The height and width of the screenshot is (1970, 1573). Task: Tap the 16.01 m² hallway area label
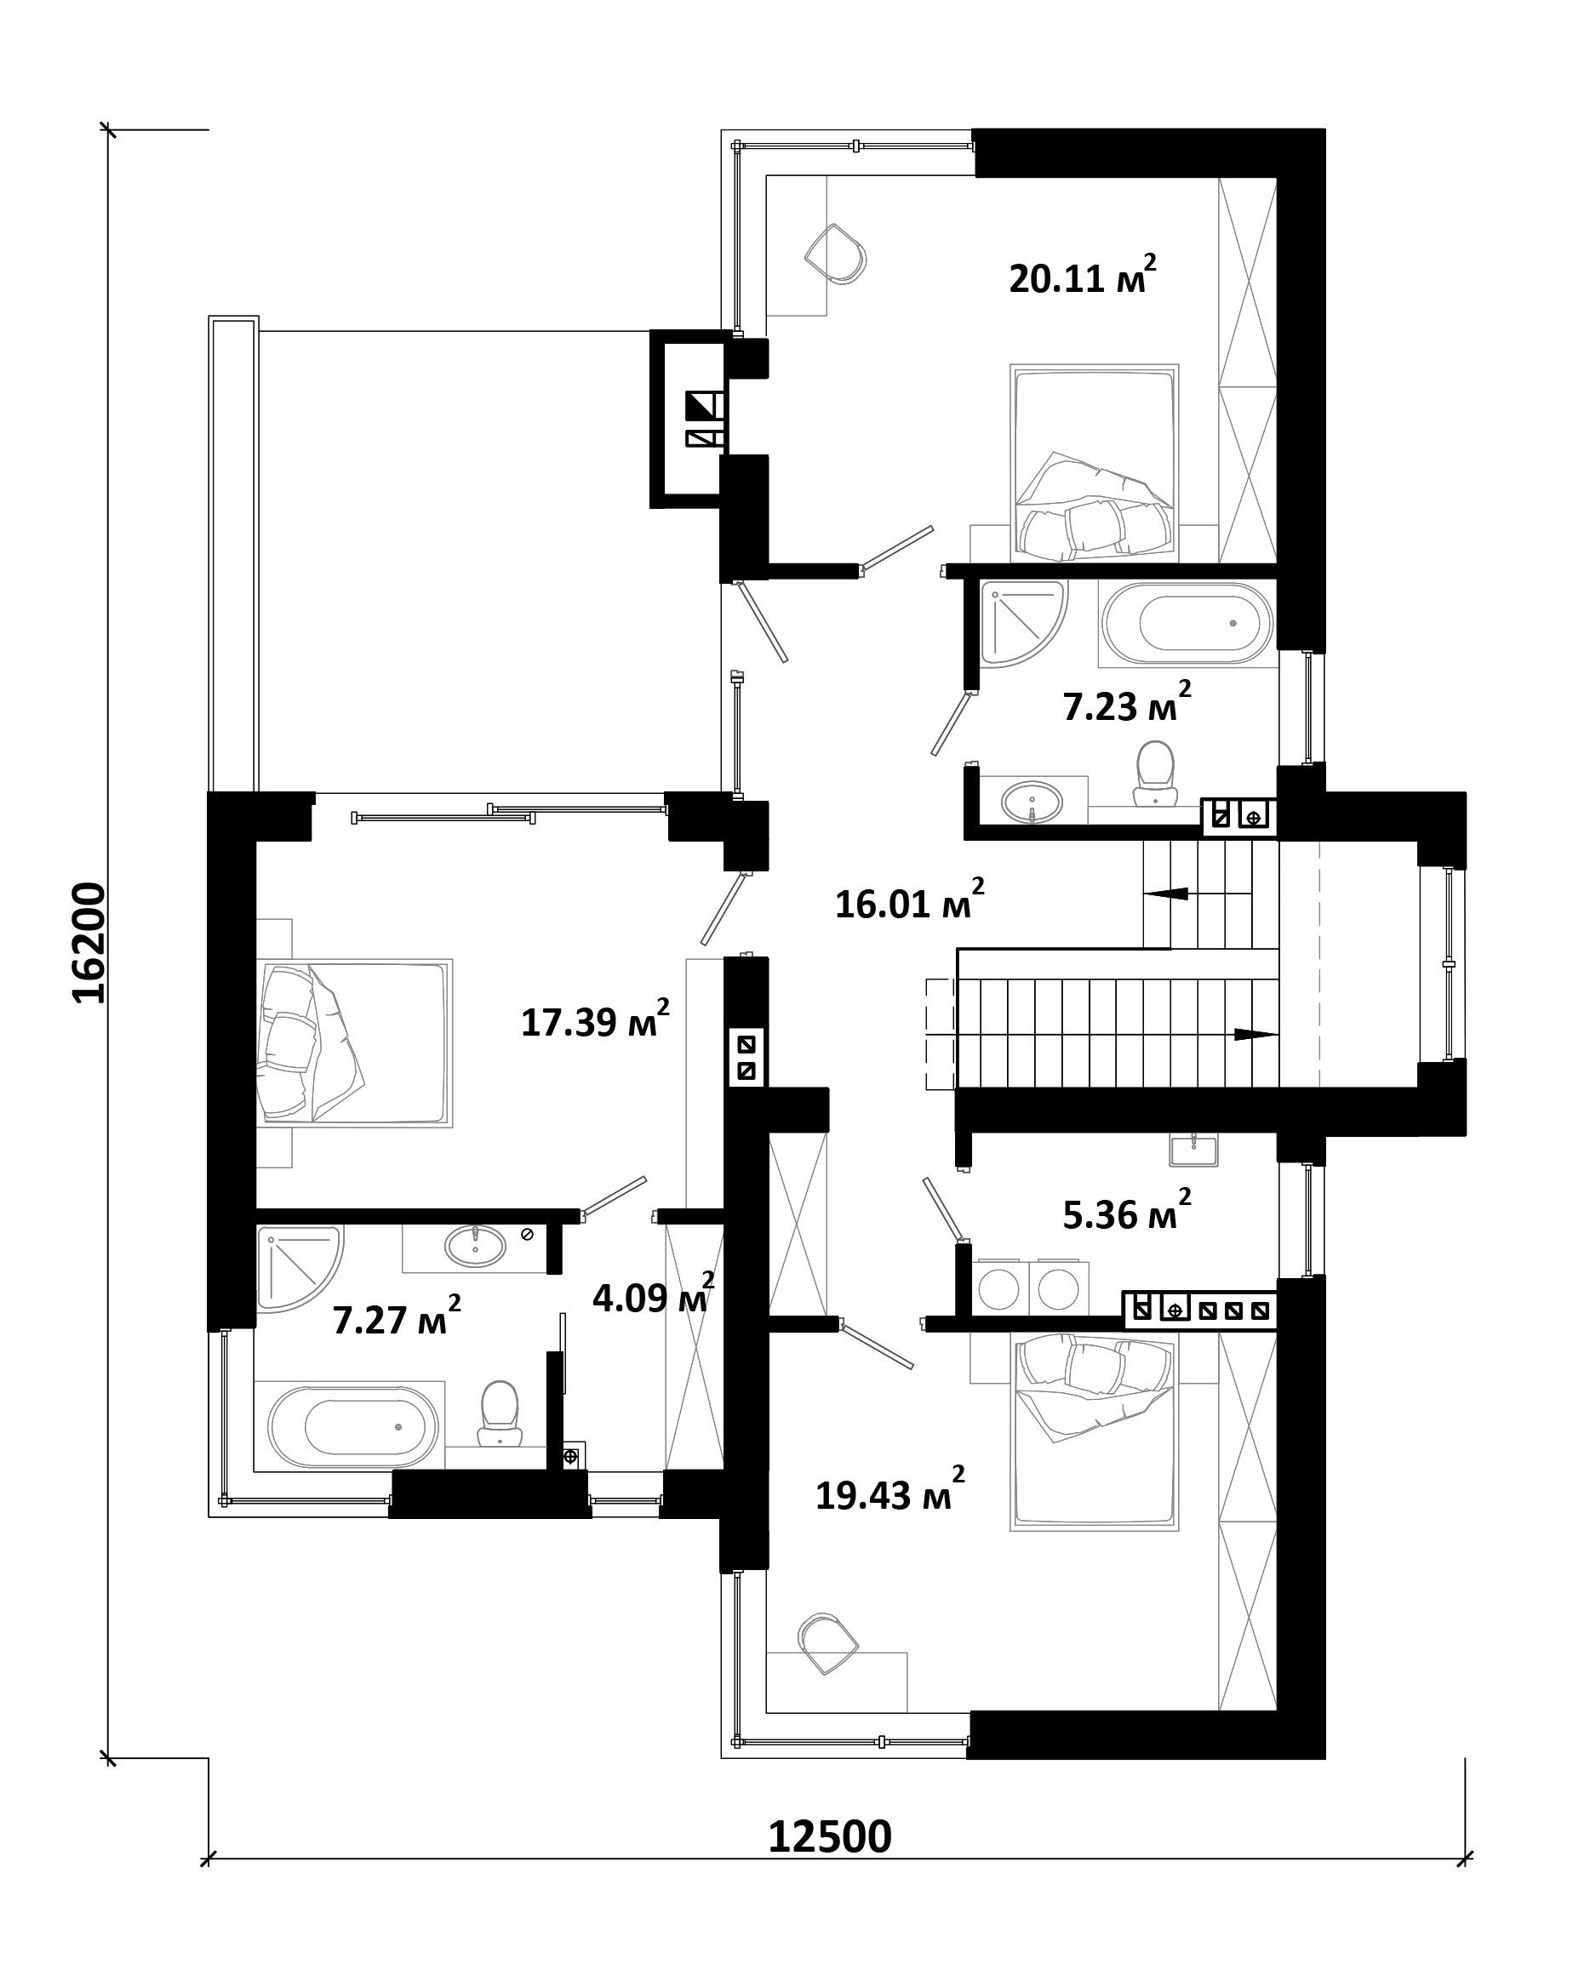pos(909,901)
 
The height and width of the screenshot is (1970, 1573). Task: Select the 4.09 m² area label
pos(653,1295)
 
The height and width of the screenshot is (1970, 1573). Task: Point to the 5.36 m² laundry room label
pos(1126,1212)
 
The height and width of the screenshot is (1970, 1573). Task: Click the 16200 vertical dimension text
pos(89,942)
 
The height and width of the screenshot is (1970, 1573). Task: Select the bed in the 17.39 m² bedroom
pos(355,1042)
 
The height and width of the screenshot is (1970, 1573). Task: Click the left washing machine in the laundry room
pos(999,1288)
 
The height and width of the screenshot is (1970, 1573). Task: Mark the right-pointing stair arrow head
pos(1256,1034)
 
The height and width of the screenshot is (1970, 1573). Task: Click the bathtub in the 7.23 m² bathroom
pos(1187,623)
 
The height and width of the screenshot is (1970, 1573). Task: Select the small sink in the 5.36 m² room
pos(1193,1150)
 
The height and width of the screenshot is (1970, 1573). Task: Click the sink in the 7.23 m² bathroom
pos(1032,802)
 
